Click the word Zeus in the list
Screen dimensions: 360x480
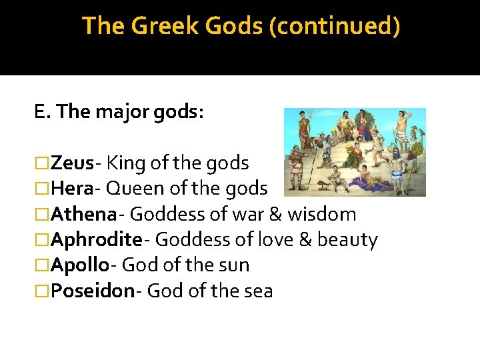pyautogui.click(x=72, y=163)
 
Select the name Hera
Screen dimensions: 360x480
pyautogui.click(x=71, y=189)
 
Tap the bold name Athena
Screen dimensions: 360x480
pyautogui.click(x=83, y=214)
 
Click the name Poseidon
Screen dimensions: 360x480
pyautogui.click(x=92, y=291)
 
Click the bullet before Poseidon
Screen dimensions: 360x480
pyautogui.click(x=42, y=291)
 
